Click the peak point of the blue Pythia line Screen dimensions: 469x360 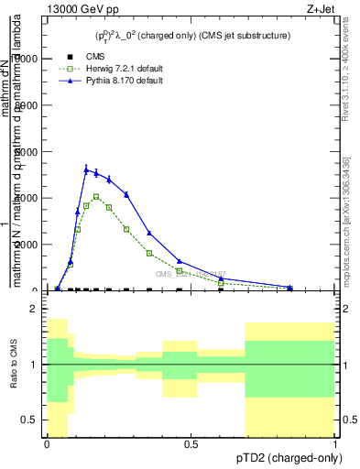coord(86,169)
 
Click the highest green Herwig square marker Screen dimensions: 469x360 coord(96,196)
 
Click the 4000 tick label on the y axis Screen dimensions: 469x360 coord(32,198)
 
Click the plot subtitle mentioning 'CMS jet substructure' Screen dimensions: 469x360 coord(192,36)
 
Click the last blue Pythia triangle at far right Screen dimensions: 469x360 coord(289,287)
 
